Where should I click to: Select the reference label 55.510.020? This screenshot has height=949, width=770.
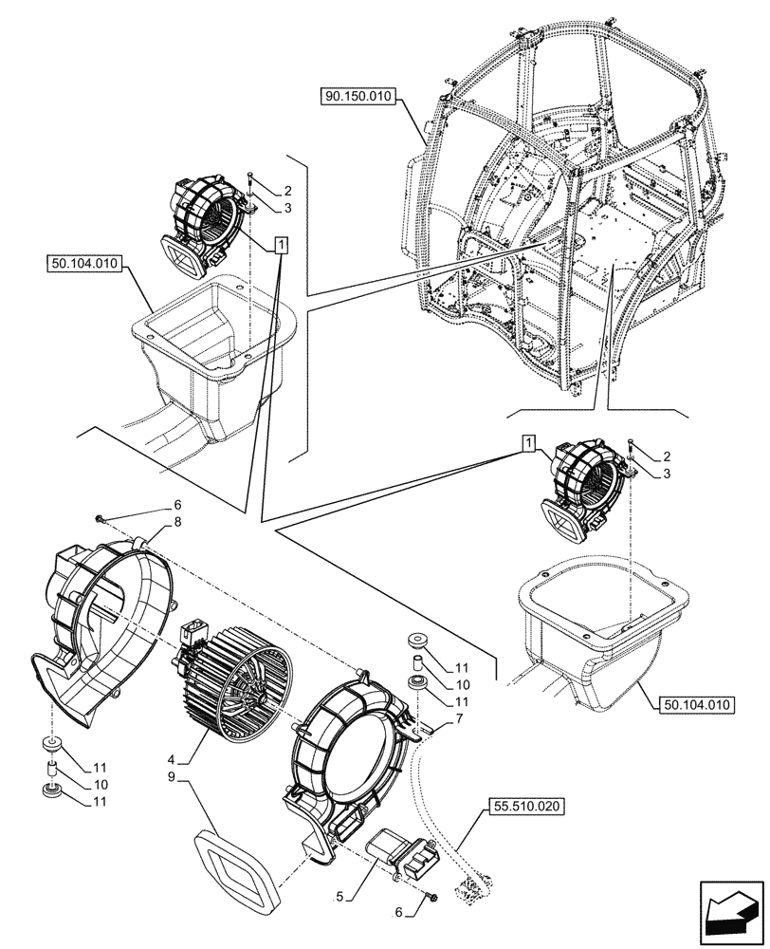526,807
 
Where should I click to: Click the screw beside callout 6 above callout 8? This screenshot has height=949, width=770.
100,518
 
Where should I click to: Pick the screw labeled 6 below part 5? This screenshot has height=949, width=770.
432,897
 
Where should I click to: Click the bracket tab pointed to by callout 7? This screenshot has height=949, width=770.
429,730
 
